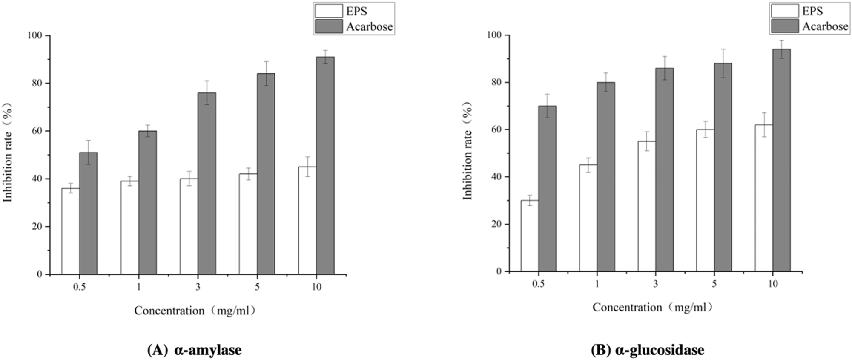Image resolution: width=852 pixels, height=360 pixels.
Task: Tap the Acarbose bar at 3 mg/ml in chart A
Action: [x=207, y=183]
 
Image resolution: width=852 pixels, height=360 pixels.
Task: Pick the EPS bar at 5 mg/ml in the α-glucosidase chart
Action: [x=705, y=200]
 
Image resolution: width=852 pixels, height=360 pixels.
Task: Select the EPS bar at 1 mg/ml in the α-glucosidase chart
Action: [x=588, y=218]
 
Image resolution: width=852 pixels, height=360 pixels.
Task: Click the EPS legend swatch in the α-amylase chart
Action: [x=328, y=11]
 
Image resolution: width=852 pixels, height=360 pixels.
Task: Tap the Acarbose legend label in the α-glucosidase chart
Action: [x=825, y=26]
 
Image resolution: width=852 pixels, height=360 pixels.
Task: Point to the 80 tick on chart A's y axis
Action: [x=37, y=83]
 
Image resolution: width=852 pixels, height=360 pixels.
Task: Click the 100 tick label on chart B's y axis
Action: [x=494, y=35]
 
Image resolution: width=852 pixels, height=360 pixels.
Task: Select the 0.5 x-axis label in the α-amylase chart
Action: [x=79, y=287]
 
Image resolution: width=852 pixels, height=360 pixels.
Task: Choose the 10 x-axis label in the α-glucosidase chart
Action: [x=773, y=284]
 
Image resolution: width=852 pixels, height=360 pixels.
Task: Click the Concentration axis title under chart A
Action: [x=195, y=311]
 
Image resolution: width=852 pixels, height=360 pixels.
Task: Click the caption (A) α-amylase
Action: [x=194, y=350]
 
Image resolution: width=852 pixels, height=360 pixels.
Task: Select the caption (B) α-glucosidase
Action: [x=647, y=350]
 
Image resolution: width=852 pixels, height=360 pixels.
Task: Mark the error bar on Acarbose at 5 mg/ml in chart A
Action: [x=266, y=73]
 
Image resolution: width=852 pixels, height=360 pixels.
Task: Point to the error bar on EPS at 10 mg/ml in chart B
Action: [x=764, y=125]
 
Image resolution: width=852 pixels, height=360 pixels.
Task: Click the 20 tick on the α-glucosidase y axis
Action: [x=496, y=224]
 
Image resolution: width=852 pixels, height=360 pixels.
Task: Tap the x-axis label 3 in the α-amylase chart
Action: [x=198, y=287]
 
